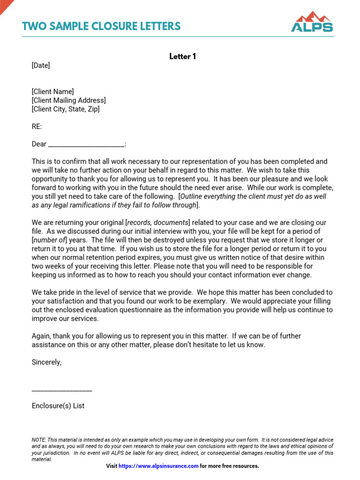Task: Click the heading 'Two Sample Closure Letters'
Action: pos(101,26)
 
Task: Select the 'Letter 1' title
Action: pos(182,56)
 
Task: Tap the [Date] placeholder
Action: pos(41,66)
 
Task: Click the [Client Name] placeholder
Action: pos(52,92)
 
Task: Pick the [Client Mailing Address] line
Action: pos(68,100)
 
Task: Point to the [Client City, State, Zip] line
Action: pos(66,109)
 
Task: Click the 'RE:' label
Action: pos(37,127)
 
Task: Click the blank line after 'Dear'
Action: pos(87,144)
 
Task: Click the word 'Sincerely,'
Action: pos(46,362)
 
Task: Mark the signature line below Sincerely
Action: pos(62,390)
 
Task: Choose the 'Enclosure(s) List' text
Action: pos(58,406)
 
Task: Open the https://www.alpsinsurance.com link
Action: pos(158,466)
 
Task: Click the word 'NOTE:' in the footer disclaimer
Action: pos(38,440)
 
